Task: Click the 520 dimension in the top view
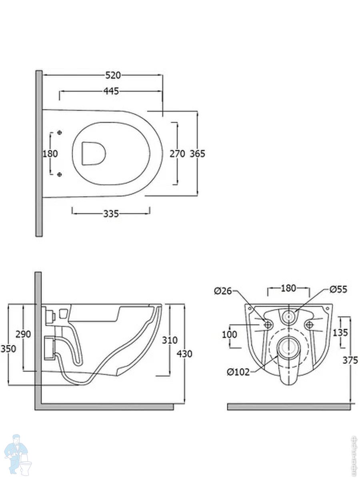[x=113, y=75]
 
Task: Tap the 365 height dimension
[x=197, y=154]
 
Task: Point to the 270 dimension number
[x=177, y=154]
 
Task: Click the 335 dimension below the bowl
[x=111, y=214]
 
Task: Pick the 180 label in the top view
[x=50, y=154]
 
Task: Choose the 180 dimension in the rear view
[x=288, y=288]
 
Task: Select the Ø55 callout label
[x=339, y=289]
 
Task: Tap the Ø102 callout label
[x=238, y=372]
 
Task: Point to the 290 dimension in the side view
[x=23, y=334]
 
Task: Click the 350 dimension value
[x=8, y=349]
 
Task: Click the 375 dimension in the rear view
[x=350, y=360]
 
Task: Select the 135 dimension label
[x=340, y=332]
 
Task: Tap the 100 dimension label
[x=229, y=334]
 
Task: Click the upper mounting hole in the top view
[x=60, y=133]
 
